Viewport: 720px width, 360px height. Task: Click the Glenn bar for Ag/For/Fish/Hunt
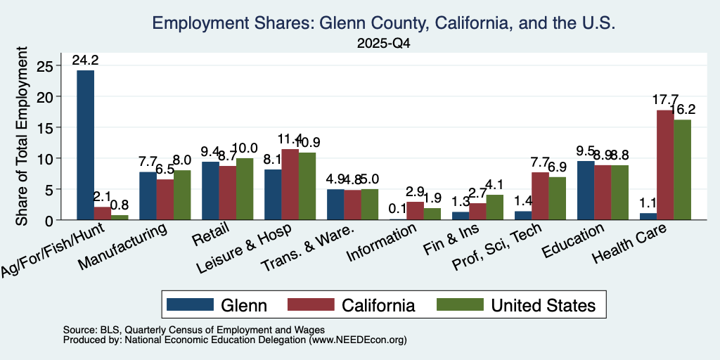coord(85,145)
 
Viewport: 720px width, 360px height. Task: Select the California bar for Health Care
coord(665,165)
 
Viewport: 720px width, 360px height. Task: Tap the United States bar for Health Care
coord(682,170)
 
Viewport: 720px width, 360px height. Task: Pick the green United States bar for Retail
coord(245,189)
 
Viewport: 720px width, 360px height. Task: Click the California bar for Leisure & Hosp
coord(290,185)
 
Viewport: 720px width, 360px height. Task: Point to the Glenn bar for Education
coord(586,191)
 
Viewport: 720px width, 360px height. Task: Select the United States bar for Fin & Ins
coord(495,207)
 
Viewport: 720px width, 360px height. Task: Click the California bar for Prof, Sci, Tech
coord(540,196)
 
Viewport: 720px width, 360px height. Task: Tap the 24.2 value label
coord(85,60)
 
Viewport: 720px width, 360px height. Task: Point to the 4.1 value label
coord(495,185)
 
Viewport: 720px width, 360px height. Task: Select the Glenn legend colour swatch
coord(190,304)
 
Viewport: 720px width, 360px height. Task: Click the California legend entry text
coord(378,305)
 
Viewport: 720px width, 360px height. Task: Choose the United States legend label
coord(544,305)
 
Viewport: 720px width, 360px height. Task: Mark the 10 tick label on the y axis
coord(46,158)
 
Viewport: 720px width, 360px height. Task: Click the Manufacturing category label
coord(122,247)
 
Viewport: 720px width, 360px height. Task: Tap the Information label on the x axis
coord(382,243)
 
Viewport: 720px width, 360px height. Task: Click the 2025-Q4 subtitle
coord(383,44)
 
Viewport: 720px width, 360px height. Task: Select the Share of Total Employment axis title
coord(22,136)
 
